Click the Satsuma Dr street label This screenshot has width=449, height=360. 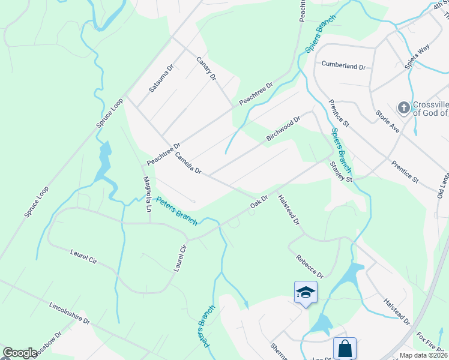(161, 77)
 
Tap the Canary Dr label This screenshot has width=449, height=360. (206, 69)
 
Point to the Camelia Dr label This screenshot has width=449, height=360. (188, 163)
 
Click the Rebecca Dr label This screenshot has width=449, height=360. (310, 266)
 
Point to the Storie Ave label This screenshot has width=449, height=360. (387, 121)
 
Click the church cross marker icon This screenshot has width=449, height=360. (404, 108)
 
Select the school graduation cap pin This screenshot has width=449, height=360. (306, 292)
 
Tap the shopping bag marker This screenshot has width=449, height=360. (345, 348)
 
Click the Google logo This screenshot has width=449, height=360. (20, 353)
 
